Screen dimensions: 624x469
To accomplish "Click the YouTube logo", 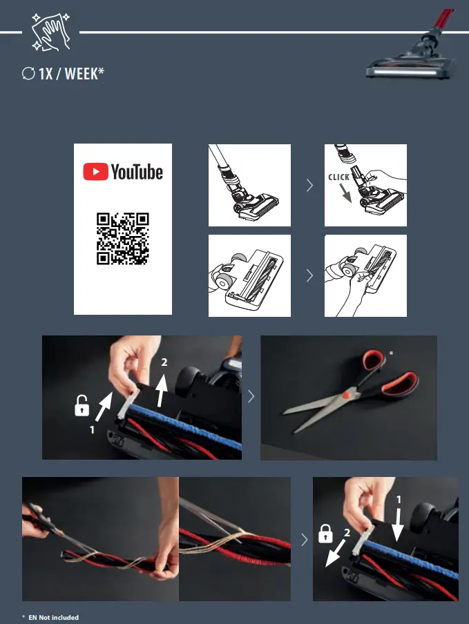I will click(x=123, y=172).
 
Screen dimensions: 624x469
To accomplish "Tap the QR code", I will click(x=123, y=239).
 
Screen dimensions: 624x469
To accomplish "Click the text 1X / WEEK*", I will click(x=71, y=73).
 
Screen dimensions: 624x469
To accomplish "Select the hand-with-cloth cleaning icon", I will click(x=51, y=31).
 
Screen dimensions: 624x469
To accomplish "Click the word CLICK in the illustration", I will click(x=338, y=177).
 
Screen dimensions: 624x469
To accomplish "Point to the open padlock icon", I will click(x=82, y=407).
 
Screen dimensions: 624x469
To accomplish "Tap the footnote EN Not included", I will click(x=54, y=617).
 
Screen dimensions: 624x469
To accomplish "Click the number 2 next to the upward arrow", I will click(x=164, y=362).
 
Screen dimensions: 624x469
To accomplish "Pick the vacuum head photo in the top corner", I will click(x=413, y=48).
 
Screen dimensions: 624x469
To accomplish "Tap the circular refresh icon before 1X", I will click(x=28, y=74).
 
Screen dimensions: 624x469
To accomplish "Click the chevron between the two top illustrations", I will click(x=308, y=185).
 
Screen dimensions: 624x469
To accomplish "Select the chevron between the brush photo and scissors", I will click(x=251, y=396).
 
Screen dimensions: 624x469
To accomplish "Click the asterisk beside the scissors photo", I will click(x=391, y=353).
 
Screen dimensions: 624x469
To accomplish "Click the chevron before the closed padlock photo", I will click(x=305, y=539).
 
